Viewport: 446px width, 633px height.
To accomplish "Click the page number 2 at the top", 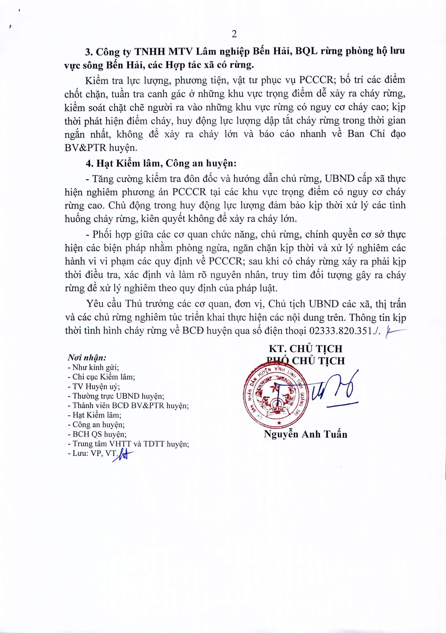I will (234, 34).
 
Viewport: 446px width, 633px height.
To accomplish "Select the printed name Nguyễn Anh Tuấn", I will (305, 434).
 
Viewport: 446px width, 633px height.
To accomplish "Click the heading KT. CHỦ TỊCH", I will (306, 349).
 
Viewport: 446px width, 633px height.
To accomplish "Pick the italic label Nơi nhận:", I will (87, 358).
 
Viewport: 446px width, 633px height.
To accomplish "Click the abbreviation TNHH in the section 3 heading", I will (149, 51).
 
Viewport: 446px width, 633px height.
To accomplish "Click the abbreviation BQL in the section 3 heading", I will (306, 51).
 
